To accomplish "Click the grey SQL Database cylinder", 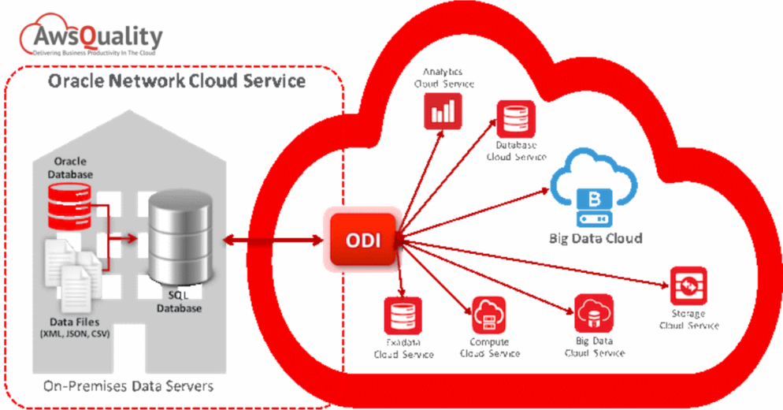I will click(180, 237).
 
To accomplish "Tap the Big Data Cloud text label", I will click(596, 238).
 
